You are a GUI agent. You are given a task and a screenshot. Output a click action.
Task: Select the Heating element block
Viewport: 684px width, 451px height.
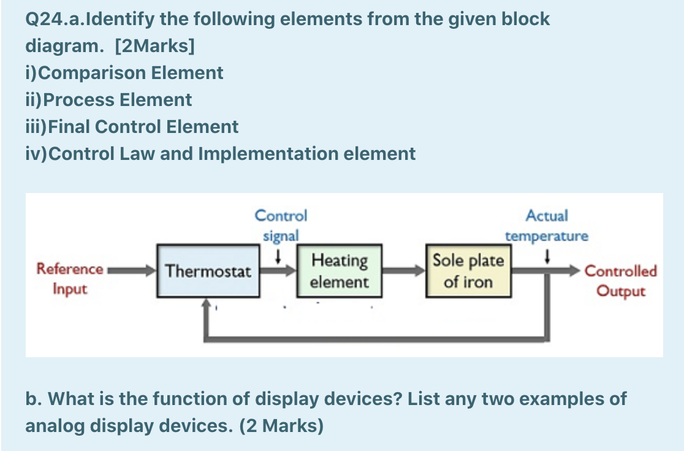(x=340, y=271)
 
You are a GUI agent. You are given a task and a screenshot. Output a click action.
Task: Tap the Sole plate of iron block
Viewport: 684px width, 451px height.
(x=469, y=271)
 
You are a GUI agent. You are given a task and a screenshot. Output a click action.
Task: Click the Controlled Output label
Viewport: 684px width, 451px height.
(x=621, y=280)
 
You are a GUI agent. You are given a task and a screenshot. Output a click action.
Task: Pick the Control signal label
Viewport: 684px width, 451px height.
(x=281, y=225)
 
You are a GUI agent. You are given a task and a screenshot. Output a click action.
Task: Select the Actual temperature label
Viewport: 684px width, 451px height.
(x=546, y=225)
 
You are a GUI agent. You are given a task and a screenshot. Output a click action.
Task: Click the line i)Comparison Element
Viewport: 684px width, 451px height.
(x=124, y=73)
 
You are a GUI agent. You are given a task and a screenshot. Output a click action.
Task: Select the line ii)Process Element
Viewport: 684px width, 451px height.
(x=108, y=100)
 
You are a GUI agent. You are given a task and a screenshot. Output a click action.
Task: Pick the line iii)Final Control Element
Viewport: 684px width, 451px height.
(x=132, y=127)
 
